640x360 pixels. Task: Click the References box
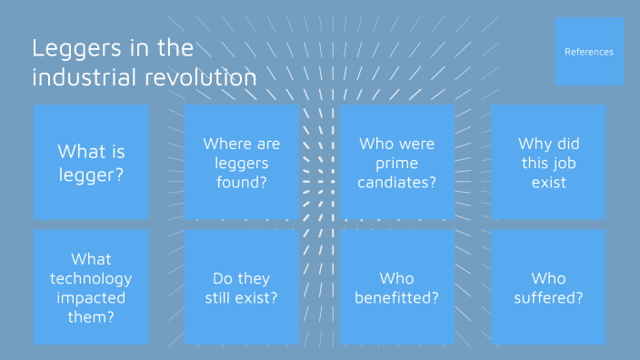tap(589, 52)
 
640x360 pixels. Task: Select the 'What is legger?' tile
tap(91, 162)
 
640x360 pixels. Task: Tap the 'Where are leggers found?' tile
tap(242, 162)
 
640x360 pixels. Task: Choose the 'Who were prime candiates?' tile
tap(397, 162)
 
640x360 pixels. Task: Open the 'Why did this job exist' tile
tap(548, 162)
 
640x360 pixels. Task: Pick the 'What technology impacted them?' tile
tap(91, 286)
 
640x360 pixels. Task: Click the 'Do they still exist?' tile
tap(242, 286)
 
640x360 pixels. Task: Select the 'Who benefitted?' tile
tap(397, 286)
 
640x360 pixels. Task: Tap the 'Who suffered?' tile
tap(548, 286)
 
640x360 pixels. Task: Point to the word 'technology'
tap(91, 278)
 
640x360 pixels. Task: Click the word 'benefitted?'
tap(397, 297)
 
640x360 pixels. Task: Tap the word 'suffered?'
tap(548, 297)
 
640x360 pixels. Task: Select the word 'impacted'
tap(91, 297)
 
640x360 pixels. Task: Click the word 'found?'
tap(242, 183)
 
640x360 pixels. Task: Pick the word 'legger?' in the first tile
tap(91, 174)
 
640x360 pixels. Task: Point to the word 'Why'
tap(534, 144)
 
